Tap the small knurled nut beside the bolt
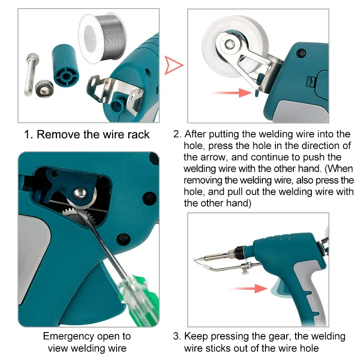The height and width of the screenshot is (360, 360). pyautogui.click(x=44, y=88)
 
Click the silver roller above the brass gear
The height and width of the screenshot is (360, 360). pyautogui.click(x=80, y=194)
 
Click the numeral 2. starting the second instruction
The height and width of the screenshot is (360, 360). pyautogui.click(x=177, y=134)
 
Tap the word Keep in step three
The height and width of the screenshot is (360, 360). pyautogui.click(x=195, y=336)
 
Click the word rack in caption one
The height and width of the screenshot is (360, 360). pyautogui.click(x=139, y=135)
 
